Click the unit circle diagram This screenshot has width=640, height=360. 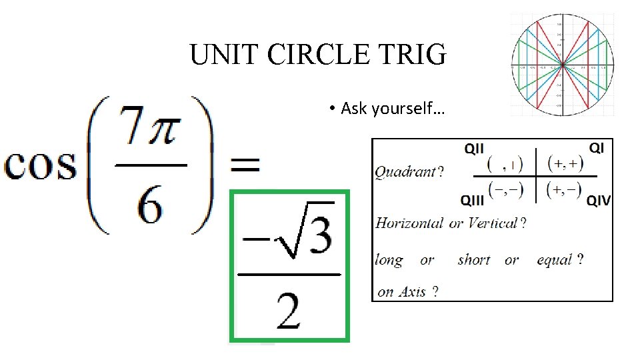pyautogui.click(x=563, y=65)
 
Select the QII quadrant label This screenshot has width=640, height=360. pyautogui.click(x=474, y=149)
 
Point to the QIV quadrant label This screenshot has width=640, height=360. pyautogui.click(x=598, y=200)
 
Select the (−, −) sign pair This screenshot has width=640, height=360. pyautogui.click(x=505, y=190)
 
